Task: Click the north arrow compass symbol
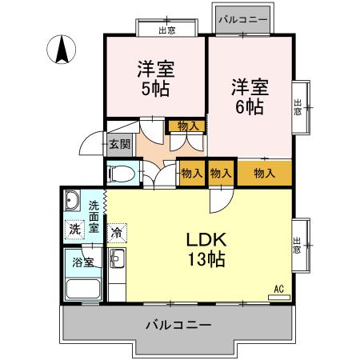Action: click(61, 51)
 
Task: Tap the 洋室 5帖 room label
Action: click(155, 78)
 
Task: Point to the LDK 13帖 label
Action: click(206, 249)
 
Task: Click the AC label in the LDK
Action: click(278, 289)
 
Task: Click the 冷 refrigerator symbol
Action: click(117, 234)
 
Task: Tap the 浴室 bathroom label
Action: click(81, 262)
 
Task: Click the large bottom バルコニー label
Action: click(178, 325)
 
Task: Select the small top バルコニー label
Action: click(242, 17)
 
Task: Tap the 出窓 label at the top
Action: click(167, 30)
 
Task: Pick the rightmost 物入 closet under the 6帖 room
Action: click(264, 172)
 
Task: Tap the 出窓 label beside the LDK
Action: click(298, 244)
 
